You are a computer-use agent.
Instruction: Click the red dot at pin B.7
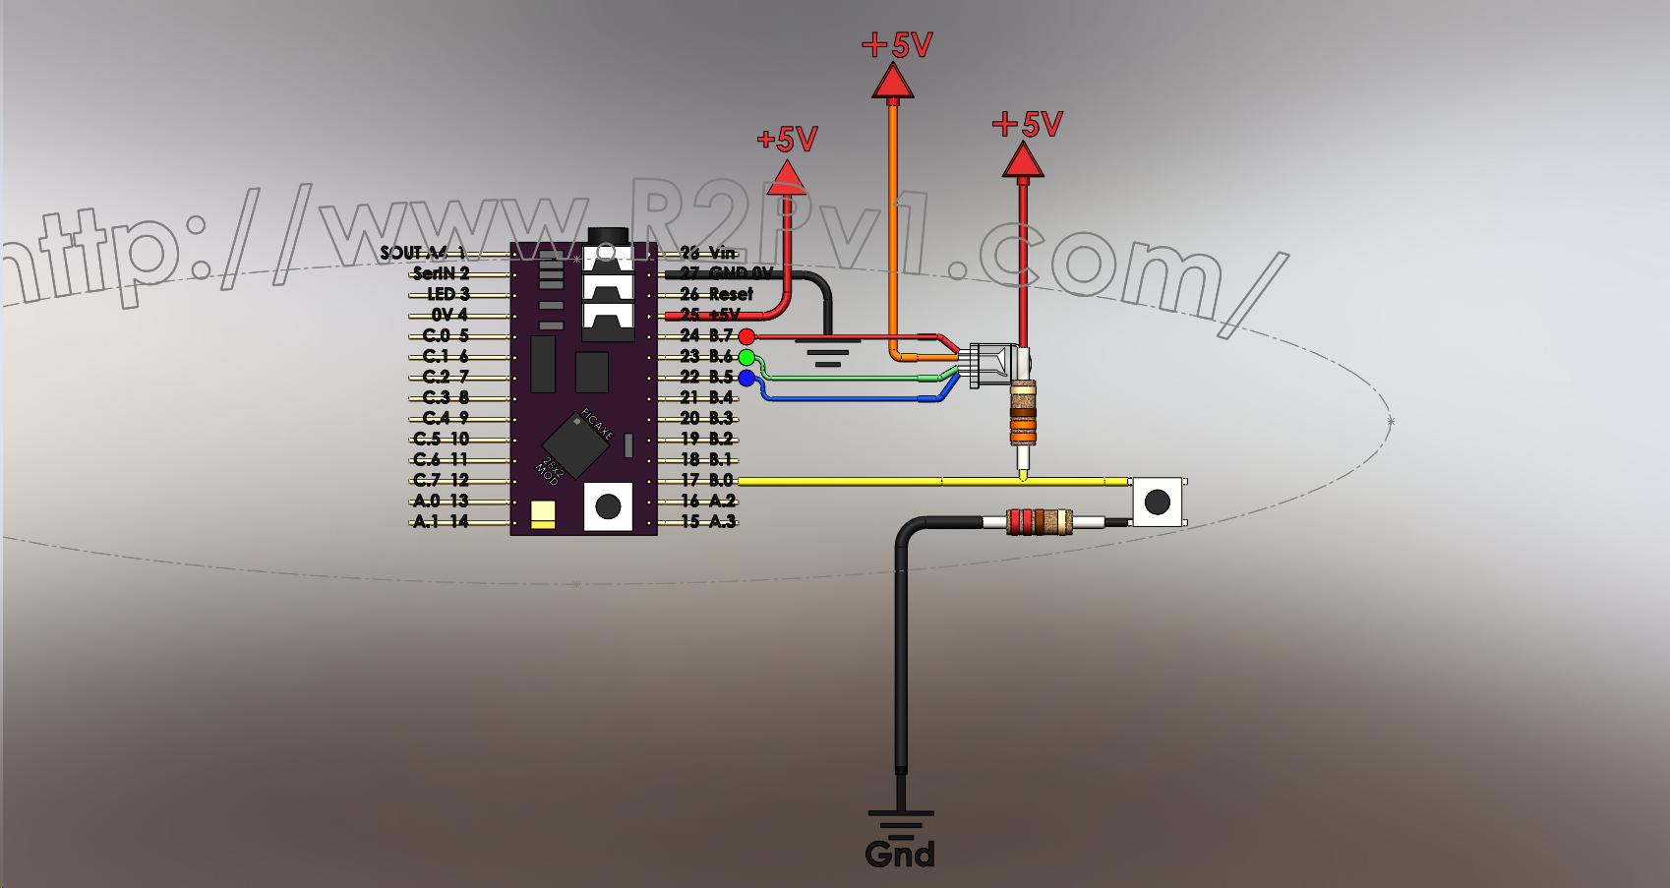(746, 336)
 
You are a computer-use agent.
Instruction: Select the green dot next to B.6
(746, 357)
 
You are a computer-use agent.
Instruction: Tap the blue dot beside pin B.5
(746, 378)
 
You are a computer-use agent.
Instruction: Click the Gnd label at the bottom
(900, 854)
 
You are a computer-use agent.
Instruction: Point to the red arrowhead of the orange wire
(893, 83)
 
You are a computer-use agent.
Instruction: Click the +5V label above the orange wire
(896, 45)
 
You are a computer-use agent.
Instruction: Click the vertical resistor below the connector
(1023, 415)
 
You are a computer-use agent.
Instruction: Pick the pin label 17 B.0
(707, 481)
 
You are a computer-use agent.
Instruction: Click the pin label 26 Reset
(716, 294)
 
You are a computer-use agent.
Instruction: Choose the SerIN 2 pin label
(441, 273)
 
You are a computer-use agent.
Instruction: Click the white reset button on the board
(608, 506)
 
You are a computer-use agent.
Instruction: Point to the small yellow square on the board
(542, 514)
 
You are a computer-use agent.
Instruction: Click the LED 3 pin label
(447, 294)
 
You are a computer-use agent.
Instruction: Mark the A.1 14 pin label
(441, 522)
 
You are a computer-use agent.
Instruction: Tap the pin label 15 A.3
(707, 522)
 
